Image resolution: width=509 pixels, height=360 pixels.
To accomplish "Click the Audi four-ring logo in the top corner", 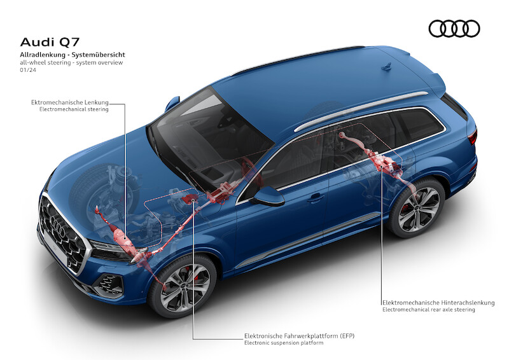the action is [454, 29].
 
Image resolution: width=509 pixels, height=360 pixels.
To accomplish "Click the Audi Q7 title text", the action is [50, 42].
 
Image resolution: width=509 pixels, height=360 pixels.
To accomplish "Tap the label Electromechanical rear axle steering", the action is [428, 310].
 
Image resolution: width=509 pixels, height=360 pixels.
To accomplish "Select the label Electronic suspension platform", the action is [284, 343].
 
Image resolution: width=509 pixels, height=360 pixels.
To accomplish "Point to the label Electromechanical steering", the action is [74, 109].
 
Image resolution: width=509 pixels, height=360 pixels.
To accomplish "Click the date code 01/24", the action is [28, 70].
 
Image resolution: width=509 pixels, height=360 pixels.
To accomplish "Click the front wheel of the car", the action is [183, 286].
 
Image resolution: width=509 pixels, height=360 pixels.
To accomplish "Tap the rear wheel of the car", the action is [417, 208].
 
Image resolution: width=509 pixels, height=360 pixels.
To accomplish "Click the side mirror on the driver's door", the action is [268, 196].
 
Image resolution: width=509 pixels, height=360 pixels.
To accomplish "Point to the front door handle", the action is [316, 197].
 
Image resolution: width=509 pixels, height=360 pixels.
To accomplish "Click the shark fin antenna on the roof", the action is [387, 67].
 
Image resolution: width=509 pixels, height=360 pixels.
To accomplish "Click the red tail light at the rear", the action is [472, 137].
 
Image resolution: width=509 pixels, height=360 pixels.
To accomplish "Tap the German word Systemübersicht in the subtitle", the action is [99, 55].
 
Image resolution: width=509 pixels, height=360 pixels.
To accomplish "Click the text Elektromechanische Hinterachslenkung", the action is [438, 303].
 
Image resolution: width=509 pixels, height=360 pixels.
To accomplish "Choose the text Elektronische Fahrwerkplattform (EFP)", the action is [299, 336].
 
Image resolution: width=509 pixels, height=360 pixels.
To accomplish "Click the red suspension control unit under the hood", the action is [189, 198].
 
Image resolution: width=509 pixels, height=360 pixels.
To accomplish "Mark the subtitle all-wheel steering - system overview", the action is [71, 63].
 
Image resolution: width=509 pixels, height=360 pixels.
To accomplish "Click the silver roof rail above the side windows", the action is [361, 111].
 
